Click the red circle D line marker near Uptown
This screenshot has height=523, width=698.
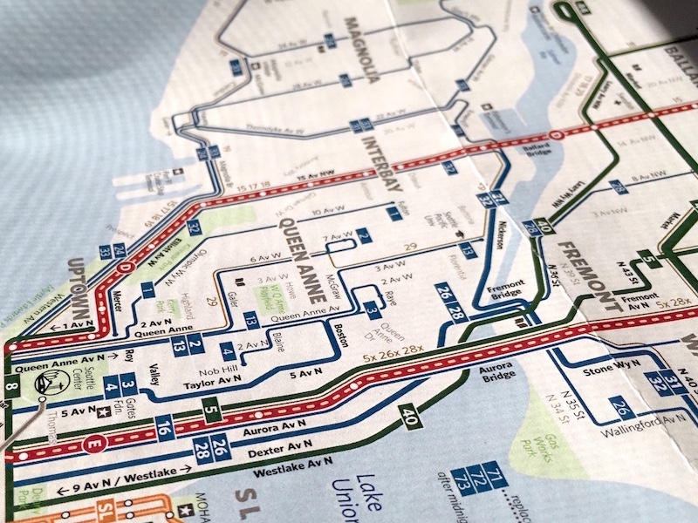tap(124, 267)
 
